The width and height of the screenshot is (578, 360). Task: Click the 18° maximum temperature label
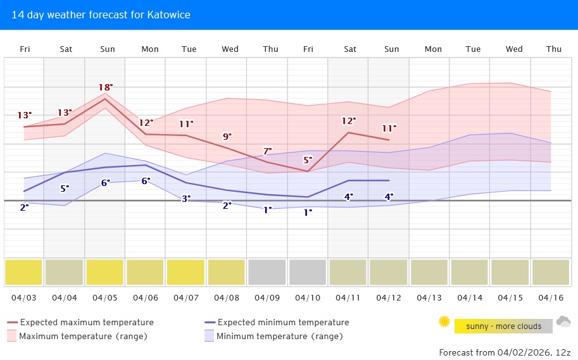106,87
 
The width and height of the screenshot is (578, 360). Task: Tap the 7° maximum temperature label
267,151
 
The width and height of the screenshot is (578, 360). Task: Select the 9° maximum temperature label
227,136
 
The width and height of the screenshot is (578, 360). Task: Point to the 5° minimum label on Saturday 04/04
65,188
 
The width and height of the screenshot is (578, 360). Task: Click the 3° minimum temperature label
186,199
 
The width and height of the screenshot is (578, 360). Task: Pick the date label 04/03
24,297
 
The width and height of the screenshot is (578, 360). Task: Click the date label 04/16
551,297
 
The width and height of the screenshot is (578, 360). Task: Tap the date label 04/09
267,297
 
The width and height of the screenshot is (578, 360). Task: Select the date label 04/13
429,297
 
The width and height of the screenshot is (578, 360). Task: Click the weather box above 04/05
104,272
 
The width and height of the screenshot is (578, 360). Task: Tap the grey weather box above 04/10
307,272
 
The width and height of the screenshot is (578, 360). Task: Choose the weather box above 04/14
469,272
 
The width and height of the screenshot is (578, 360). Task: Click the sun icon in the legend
444,322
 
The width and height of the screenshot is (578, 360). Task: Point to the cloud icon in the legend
563,322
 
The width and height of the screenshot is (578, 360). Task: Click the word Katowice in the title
168,15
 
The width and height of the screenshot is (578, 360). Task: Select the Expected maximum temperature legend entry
87,322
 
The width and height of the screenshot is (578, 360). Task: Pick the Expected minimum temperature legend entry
283,322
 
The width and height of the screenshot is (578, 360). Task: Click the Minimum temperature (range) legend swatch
208,336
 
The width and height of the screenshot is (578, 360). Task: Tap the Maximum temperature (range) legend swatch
11,336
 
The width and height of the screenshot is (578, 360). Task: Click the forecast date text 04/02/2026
520,352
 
